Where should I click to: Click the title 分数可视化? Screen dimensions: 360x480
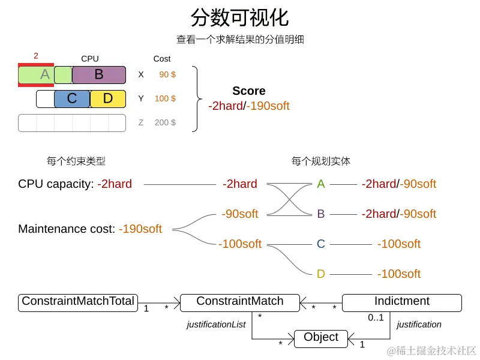(239, 17)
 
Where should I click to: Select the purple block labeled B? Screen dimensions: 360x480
(99, 75)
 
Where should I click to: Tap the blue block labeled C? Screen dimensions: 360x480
(72, 99)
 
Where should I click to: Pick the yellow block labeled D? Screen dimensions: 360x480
(108, 99)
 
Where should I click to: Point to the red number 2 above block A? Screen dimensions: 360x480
(36, 56)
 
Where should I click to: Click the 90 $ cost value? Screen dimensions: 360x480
(167, 74)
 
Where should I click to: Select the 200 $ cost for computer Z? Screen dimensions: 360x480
(165, 122)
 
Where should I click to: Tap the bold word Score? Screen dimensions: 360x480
(248, 91)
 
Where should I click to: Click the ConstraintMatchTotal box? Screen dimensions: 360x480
(78, 302)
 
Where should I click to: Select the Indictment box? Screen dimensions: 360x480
(401, 302)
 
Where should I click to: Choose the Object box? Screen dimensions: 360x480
(321, 338)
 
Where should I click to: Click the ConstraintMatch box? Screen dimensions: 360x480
(240, 302)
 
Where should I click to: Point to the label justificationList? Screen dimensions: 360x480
(216, 325)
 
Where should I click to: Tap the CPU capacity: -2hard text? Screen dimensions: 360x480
(75, 184)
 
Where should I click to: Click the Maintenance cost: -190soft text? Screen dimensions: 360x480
(90, 229)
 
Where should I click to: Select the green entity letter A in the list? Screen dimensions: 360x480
(321, 184)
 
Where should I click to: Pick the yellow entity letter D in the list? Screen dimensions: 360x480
(321, 274)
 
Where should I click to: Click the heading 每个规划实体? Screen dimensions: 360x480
(321, 161)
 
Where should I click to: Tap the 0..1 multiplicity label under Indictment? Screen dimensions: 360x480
(376, 317)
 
